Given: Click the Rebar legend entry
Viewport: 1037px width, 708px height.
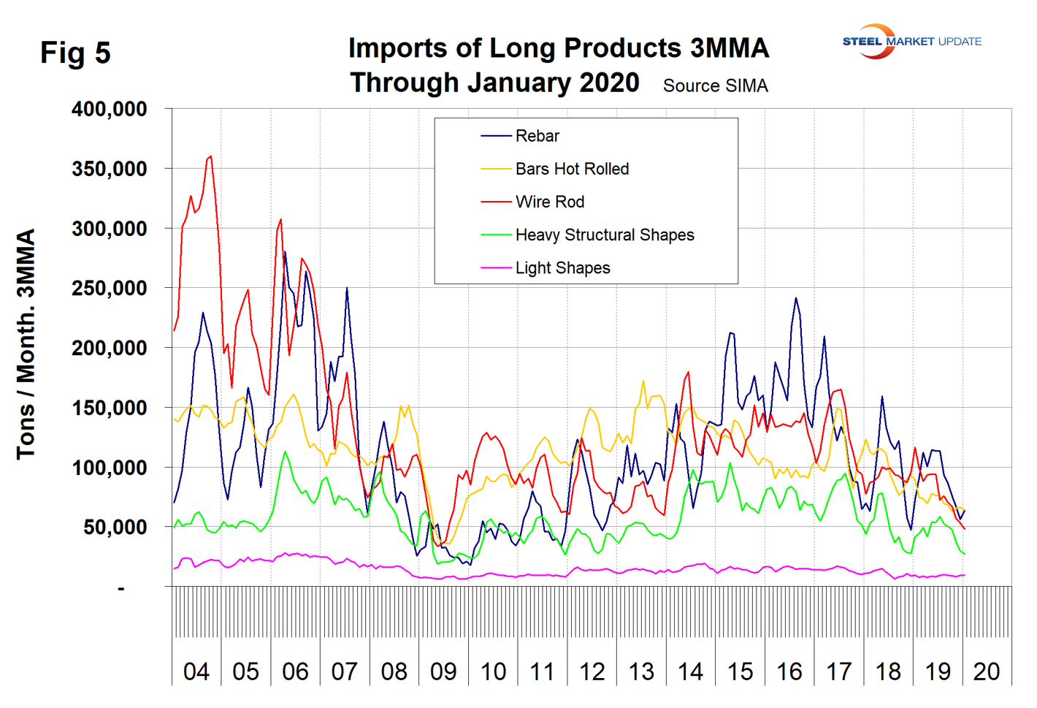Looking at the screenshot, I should pyautogui.click(x=537, y=136).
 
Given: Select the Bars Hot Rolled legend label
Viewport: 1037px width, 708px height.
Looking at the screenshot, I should pyautogui.click(x=572, y=169).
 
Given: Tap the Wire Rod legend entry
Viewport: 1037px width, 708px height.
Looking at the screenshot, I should pyautogui.click(x=549, y=202).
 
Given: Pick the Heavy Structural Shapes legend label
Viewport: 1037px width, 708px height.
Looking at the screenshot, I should pyautogui.click(x=604, y=235).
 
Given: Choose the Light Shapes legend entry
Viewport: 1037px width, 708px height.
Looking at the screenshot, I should pyautogui.click(x=562, y=268).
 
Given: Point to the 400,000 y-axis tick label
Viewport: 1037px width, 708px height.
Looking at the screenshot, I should pyautogui.click(x=109, y=110).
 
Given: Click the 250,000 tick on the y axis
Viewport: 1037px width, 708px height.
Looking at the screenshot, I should pyautogui.click(x=109, y=289).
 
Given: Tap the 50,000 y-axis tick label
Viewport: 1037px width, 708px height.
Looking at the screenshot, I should pyautogui.click(x=115, y=528).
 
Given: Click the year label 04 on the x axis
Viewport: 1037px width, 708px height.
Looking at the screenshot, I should pyautogui.click(x=196, y=671).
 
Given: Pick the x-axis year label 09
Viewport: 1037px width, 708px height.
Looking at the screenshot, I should pyautogui.click(x=443, y=671).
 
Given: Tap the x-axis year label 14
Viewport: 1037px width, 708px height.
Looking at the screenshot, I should pyautogui.click(x=690, y=671).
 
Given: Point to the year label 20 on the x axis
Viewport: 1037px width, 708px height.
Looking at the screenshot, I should pyautogui.click(x=987, y=671).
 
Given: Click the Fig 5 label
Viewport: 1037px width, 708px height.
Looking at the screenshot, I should pyautogui.click(x=75, y=53).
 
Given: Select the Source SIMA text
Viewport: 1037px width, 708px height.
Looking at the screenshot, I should pyautogui.click(x=715, y=86).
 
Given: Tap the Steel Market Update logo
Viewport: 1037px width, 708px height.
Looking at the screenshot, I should pyautogui.click(x=911, y=42).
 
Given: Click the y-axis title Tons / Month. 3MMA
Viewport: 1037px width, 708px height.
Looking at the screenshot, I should pyautogui.click(x=26, y=344).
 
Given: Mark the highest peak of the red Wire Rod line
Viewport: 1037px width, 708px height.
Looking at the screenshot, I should pyautogui.click(x=211, y=156).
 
